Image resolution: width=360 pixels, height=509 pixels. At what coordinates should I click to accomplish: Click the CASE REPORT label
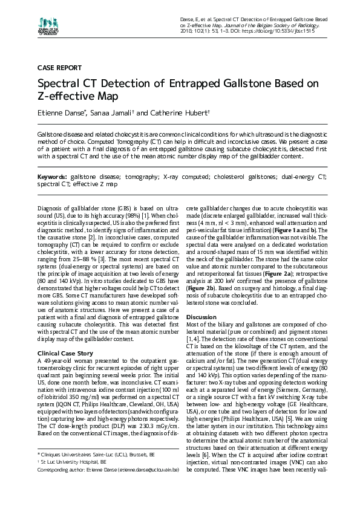[59, 68]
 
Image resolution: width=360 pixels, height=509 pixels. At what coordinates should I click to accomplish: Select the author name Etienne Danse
[62, 113]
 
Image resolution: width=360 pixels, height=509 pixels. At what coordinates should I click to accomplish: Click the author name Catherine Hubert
[180, 113]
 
